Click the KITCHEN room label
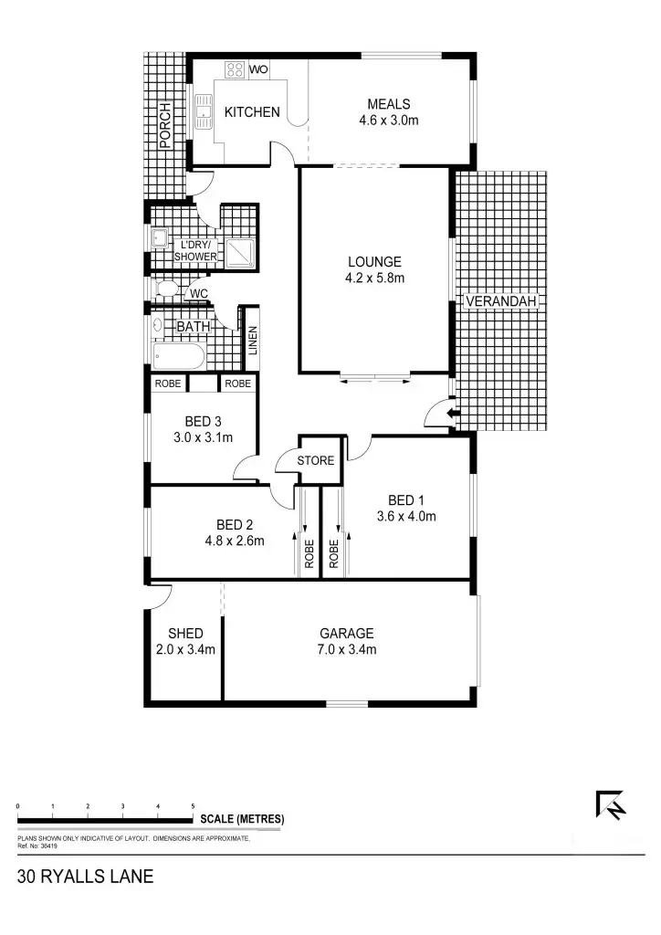tap(252, 112)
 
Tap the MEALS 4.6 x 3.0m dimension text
tap(389, 120)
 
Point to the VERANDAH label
tap(503, 301)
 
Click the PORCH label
tap(164, 125)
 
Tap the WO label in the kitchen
tap(258, 69)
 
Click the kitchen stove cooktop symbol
tap(234, 68)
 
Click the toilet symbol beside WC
tap(166, 290)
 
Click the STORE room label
tap(316, 461)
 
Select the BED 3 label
tap(203, 422)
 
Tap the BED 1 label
tap(406, 500)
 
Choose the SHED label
tap(185, 634)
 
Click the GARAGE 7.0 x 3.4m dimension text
tap(346, 650)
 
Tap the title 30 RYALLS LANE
tap(85, 878)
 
